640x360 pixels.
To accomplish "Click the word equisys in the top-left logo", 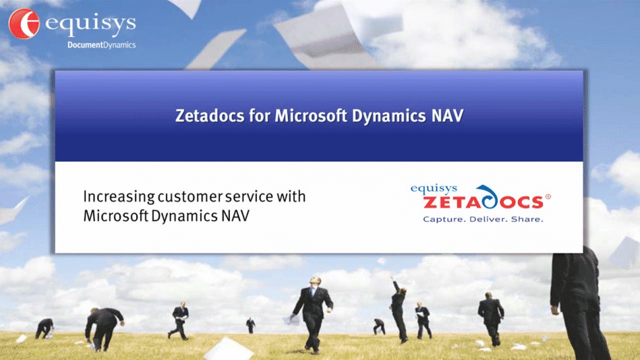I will point(90,25).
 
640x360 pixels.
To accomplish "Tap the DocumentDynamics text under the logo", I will point(101,45).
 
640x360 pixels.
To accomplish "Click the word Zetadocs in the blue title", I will point(205,115).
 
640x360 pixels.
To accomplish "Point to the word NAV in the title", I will point(447,115).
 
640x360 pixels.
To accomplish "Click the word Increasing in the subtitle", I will point(118,197).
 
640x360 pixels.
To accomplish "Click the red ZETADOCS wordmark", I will point(483,202).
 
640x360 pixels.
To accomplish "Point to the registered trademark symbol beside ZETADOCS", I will point(548,197).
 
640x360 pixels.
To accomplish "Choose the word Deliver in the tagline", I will point(487,219).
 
